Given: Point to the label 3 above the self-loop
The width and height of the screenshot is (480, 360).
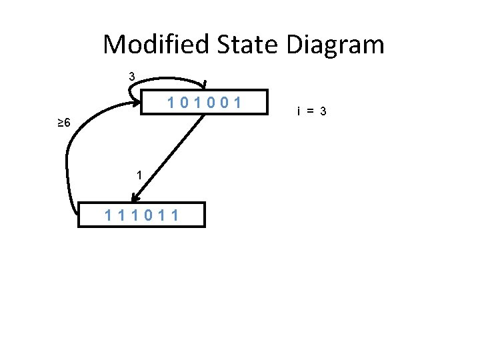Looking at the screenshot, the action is (132, 77).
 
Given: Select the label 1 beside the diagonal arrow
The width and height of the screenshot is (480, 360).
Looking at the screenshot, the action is (139, 175).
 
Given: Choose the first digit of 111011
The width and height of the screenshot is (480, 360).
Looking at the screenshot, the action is (109, 215).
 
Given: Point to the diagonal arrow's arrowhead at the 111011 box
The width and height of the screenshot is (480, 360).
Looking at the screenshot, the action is (135, 197).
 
